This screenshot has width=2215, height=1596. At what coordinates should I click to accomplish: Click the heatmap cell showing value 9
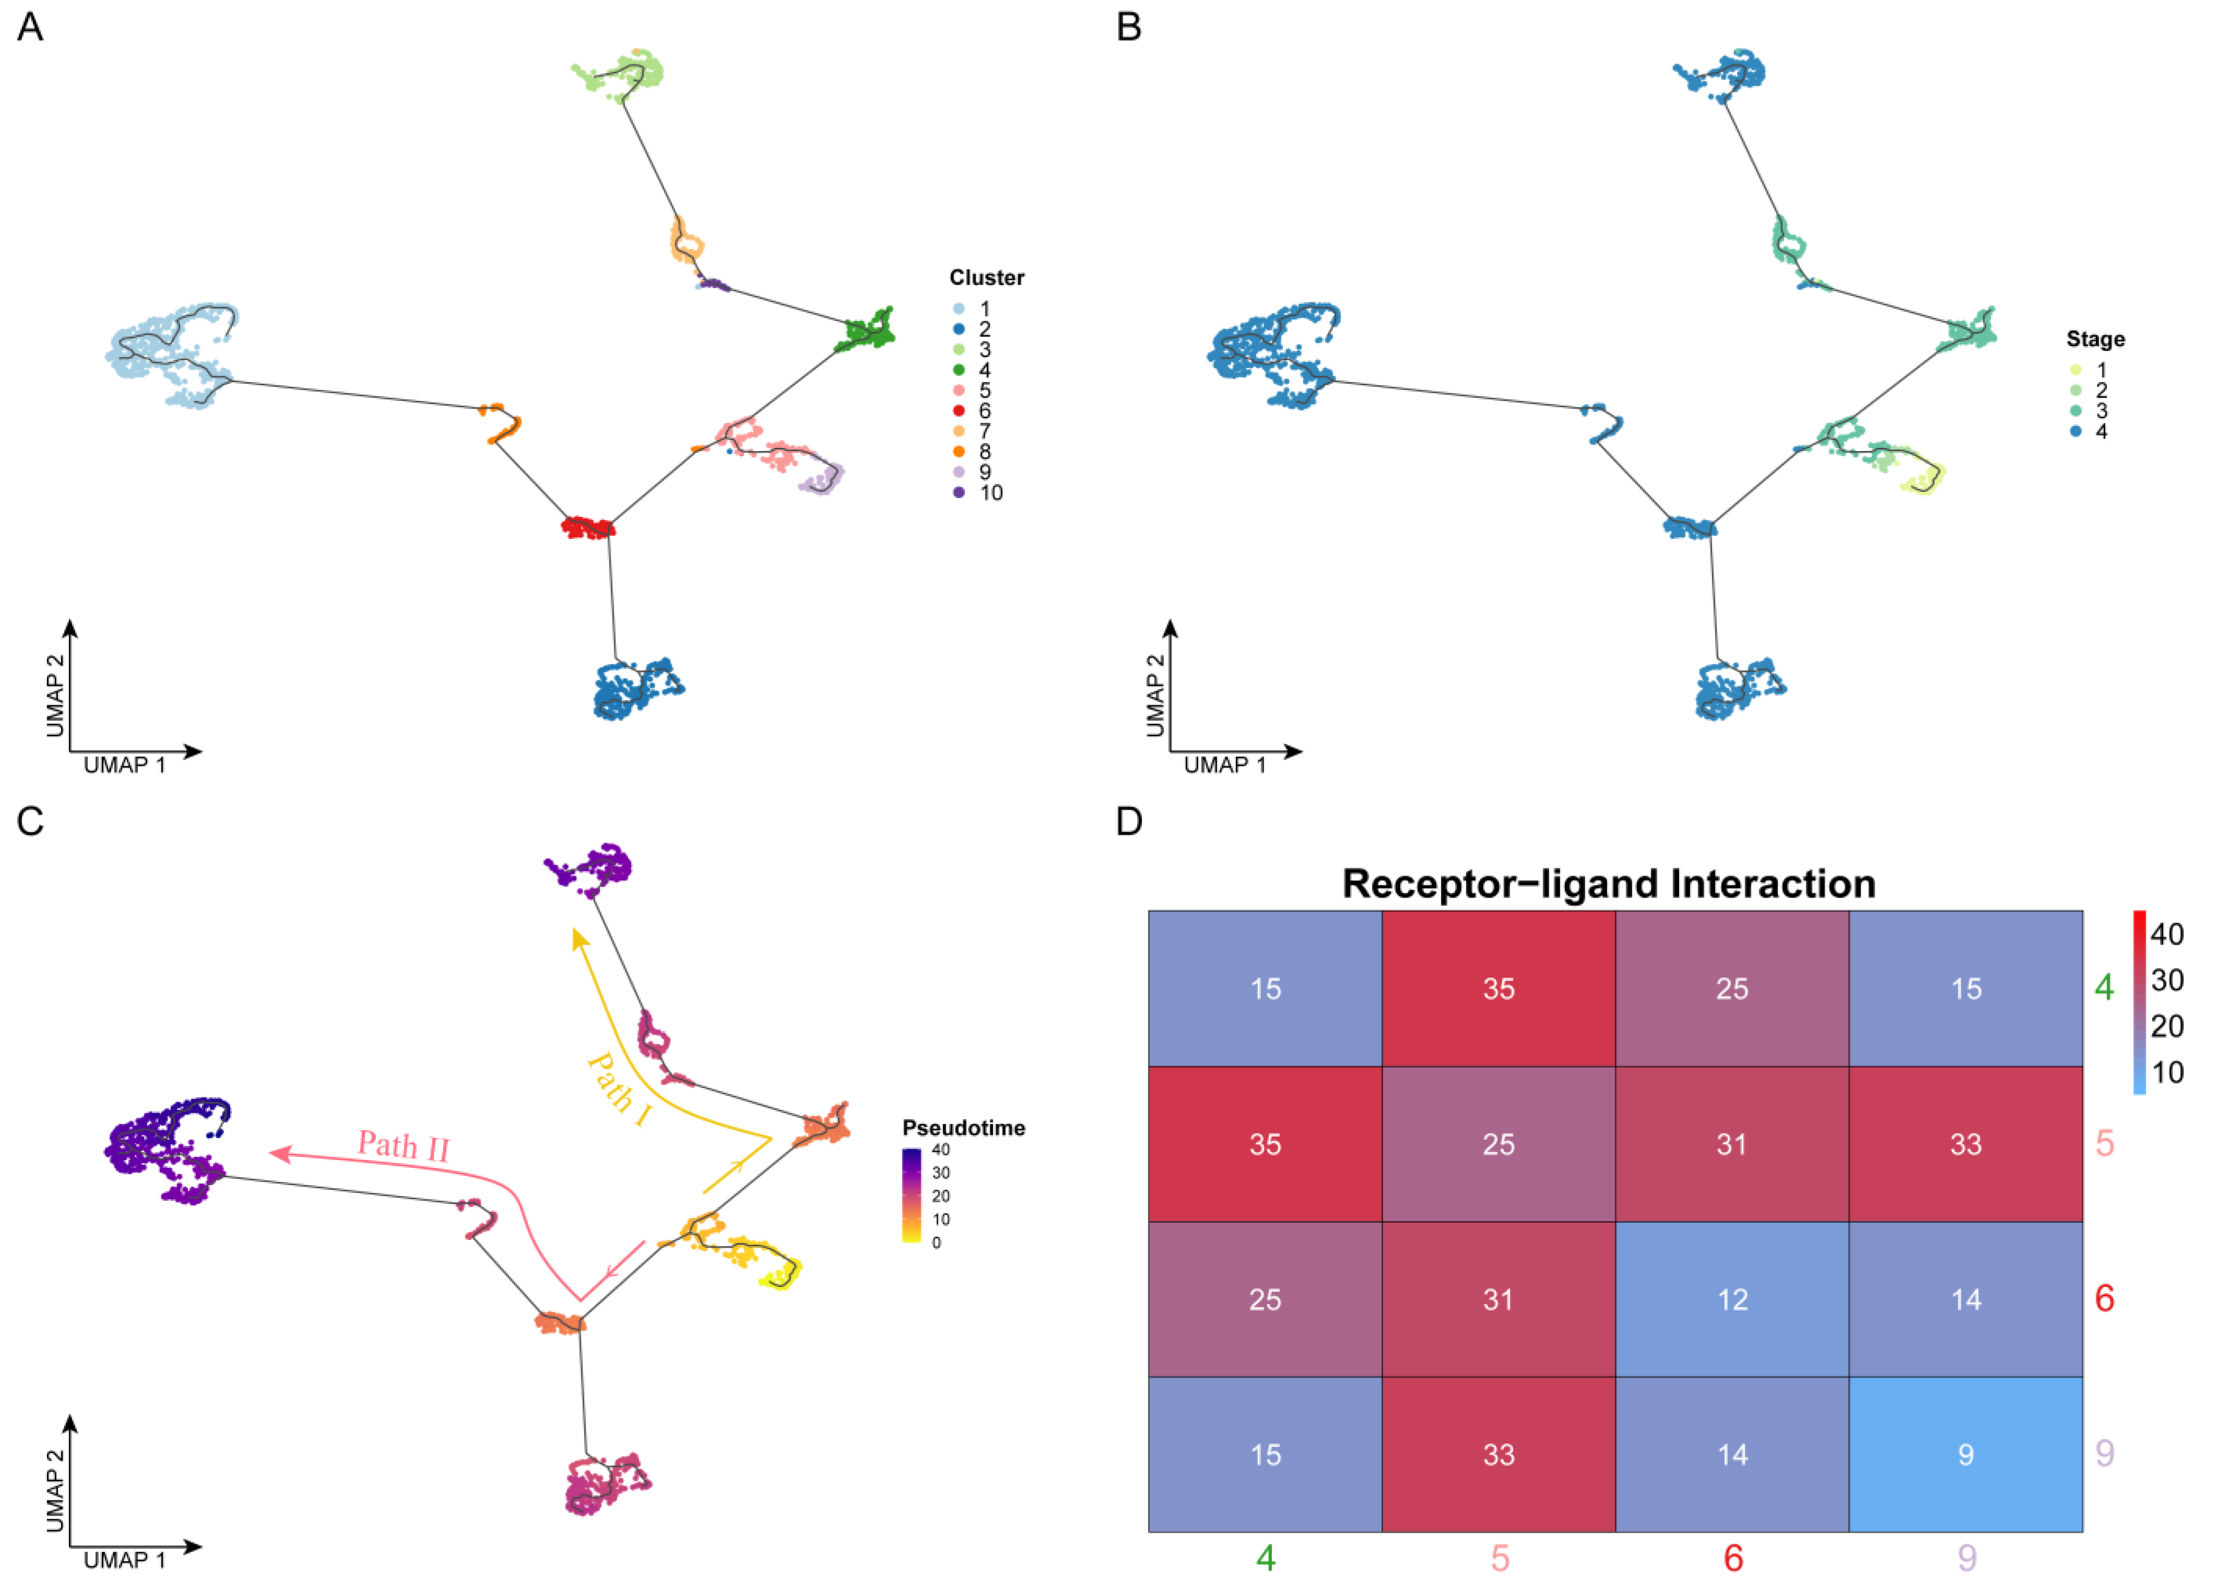(1965, 1455)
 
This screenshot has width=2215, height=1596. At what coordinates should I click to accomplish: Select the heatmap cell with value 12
(1732, 1299)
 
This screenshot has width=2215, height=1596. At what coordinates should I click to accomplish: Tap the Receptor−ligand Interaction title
(1609, 884)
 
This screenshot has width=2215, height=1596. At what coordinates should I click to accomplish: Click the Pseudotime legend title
(963, 1128)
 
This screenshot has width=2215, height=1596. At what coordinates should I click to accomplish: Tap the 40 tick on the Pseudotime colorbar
(940, 1150)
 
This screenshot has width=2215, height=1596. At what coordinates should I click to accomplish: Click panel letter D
(1129, 821)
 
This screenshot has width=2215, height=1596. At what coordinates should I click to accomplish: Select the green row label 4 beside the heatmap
(2104, 987)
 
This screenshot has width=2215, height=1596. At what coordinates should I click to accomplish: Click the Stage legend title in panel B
(2095, 339)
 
